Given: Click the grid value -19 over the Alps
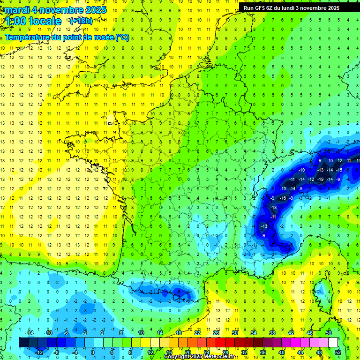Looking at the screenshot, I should [x=320, y=179].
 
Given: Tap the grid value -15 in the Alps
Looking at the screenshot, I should [x=339, y=170].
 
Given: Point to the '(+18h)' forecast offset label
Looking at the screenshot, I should [x=81, y=21].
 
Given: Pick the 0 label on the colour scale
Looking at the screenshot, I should [x=93, y=352].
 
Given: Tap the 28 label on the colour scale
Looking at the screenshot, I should [x=225, y=352].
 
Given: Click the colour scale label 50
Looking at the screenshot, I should [x=329, y=333].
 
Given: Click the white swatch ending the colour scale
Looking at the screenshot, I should [x=333, y=343].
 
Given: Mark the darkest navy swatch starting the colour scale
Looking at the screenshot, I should [x=23, y=343].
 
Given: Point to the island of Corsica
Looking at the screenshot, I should [x=321, y=291].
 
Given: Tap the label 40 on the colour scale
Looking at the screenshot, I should [x=282, y=352].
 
